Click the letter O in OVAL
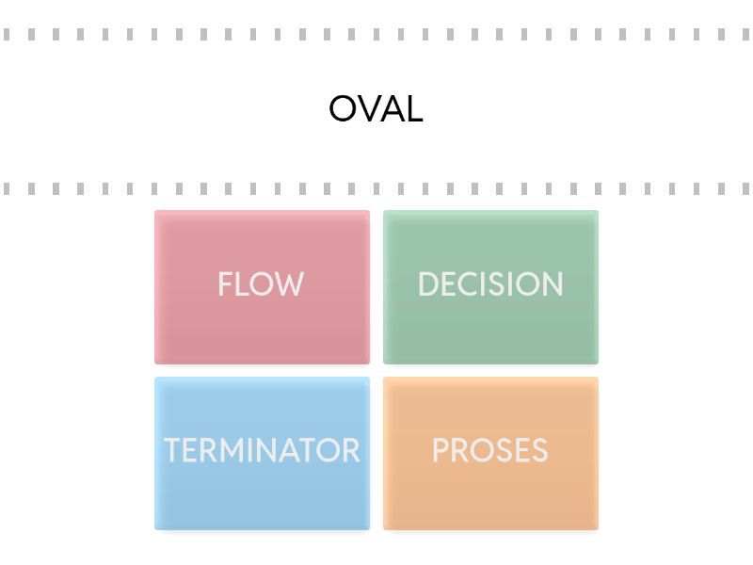coord(343,110)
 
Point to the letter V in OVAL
coord(368,110)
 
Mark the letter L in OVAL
coord(413,110)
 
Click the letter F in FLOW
coord(224,284)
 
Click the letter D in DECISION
coord(427,284)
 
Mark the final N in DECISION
coord(553,284)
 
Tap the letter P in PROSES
coord(440,450)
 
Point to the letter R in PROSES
coord(458,450)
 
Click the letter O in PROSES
coord(481,450)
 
